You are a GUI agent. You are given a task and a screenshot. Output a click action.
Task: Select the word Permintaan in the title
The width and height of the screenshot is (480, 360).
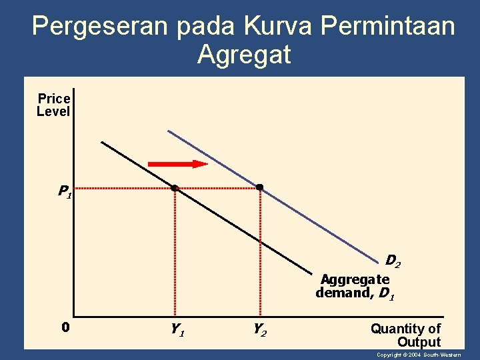click(x=388, y=27)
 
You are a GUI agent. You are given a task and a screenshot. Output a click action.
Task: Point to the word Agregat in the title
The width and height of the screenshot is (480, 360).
click(x=244, y=55)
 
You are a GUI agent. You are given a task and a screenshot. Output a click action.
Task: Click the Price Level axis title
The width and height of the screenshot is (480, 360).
click(x=53, y=105)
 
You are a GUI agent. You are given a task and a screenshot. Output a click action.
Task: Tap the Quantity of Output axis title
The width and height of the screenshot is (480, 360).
click(x=406, y=335)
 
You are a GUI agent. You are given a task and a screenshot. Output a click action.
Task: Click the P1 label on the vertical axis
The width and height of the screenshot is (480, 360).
click(x=64, y=193)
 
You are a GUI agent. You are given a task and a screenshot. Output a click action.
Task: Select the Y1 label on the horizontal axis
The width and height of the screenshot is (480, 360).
click(x=177, y=329)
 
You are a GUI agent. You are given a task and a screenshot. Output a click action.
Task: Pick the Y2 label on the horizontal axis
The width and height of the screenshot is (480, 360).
click(x=260, y=329)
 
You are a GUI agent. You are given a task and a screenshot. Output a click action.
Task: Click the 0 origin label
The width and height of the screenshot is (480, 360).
click(x=65, y=327)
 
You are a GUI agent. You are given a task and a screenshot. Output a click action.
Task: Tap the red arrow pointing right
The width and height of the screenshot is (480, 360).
click(x=177, y=163)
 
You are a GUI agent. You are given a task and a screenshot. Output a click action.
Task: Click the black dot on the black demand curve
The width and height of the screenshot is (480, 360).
click(x=174, y=189)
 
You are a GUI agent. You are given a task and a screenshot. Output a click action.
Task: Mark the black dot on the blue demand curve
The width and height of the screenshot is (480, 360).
click(x=260, y=188)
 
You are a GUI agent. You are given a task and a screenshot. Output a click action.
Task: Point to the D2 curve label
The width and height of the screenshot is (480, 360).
click(x=393, y=261)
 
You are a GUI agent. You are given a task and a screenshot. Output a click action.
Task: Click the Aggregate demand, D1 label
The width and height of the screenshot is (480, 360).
click(x=355, y=286)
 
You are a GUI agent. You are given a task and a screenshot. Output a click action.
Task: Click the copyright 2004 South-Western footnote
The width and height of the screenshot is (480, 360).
click(x=419, y=355)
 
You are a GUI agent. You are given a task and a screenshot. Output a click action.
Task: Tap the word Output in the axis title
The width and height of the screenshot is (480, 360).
click(x=419, y=342)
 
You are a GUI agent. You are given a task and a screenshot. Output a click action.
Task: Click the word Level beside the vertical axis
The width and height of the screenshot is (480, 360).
click(x=53, y=112)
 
